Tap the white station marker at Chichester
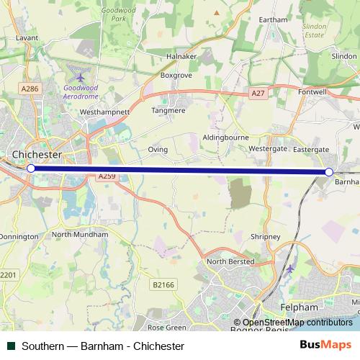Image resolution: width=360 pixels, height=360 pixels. (x=31, y=168)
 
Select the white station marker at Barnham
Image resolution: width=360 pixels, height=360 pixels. (x=329, y=172)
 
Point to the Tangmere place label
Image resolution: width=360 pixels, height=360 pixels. (x=168, y=111)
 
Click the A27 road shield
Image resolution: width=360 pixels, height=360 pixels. (x=258, y=94)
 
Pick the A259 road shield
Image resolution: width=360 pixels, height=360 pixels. (x=107, y=176)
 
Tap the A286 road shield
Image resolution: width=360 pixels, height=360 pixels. (x=30, y=89)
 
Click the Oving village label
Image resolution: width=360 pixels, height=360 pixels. (x=158, y=150)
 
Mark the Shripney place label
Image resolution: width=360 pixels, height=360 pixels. (x=264, y=235)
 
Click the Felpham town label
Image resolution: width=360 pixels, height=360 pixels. (x=298, y=307)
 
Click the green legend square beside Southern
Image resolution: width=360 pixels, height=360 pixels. (x=11, y=346)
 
